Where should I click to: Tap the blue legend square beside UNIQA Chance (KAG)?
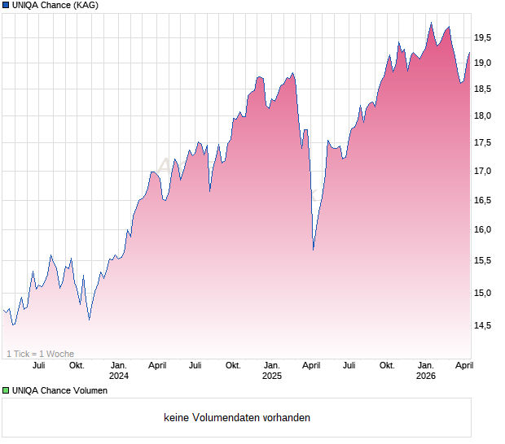(6, 7)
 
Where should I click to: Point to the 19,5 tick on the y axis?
(483, 37)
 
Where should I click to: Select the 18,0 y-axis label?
(483, 115)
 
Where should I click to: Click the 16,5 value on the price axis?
(483, 200)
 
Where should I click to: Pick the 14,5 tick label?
(483, 326)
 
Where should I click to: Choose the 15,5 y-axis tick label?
(483, 260)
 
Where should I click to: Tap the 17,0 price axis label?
(483, 172)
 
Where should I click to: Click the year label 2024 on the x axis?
(119, 377)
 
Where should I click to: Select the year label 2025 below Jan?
(272, 377)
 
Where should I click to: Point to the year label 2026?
(425, 377)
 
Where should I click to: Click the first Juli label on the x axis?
(38, 366)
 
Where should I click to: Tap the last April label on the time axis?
(463, 366)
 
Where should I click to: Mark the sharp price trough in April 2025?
(314, 250)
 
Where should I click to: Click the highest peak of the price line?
(431, 23)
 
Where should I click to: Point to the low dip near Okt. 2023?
(89, 320)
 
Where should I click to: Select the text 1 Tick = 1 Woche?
(41, 354)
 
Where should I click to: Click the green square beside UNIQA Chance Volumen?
(6, 390)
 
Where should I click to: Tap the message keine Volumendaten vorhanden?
(237, 418)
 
